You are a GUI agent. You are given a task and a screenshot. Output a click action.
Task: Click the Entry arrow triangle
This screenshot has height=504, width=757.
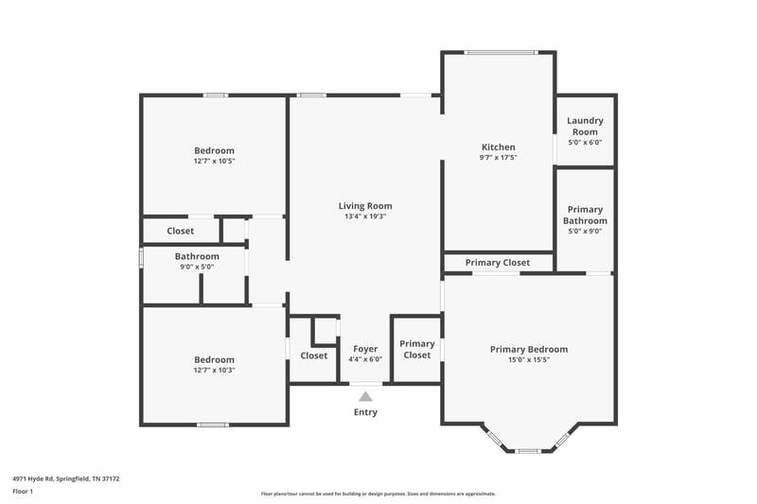365,396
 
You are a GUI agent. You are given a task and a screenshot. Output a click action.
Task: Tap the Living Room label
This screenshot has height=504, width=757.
365,206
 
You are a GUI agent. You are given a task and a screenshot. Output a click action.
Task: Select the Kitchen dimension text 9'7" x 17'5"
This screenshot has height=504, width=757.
499,158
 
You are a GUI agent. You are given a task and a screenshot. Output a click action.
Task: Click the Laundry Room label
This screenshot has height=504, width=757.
585,126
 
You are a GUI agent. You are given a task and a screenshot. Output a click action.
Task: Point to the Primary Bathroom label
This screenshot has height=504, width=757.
585,215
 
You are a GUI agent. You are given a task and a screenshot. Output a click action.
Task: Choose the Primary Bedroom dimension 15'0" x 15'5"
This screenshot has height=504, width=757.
527,360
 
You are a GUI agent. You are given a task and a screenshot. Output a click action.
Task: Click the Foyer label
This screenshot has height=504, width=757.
365,349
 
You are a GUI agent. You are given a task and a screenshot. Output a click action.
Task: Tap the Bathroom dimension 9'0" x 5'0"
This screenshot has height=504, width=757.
197,267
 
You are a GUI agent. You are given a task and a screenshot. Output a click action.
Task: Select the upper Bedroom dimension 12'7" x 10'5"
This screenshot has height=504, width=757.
214,162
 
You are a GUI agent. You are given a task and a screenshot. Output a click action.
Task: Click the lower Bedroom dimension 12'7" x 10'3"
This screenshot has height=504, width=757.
214,371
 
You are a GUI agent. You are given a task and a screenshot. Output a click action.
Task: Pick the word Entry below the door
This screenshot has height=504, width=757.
365,412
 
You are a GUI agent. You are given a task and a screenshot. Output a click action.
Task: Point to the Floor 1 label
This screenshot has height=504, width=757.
23,492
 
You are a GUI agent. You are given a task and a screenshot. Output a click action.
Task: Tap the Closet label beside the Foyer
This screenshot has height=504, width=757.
314,356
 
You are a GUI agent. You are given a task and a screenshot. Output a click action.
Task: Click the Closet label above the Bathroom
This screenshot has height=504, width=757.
180,231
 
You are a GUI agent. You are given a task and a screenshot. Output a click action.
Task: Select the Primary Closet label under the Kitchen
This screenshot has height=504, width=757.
497,262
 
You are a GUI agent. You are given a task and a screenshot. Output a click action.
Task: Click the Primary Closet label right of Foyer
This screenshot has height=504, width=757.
417,350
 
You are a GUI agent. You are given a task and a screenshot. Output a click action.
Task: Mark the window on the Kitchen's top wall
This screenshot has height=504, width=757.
500,52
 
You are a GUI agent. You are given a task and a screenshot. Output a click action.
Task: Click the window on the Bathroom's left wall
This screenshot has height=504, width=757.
142,257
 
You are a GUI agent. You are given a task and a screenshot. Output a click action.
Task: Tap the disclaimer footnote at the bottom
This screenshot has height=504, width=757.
378,494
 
